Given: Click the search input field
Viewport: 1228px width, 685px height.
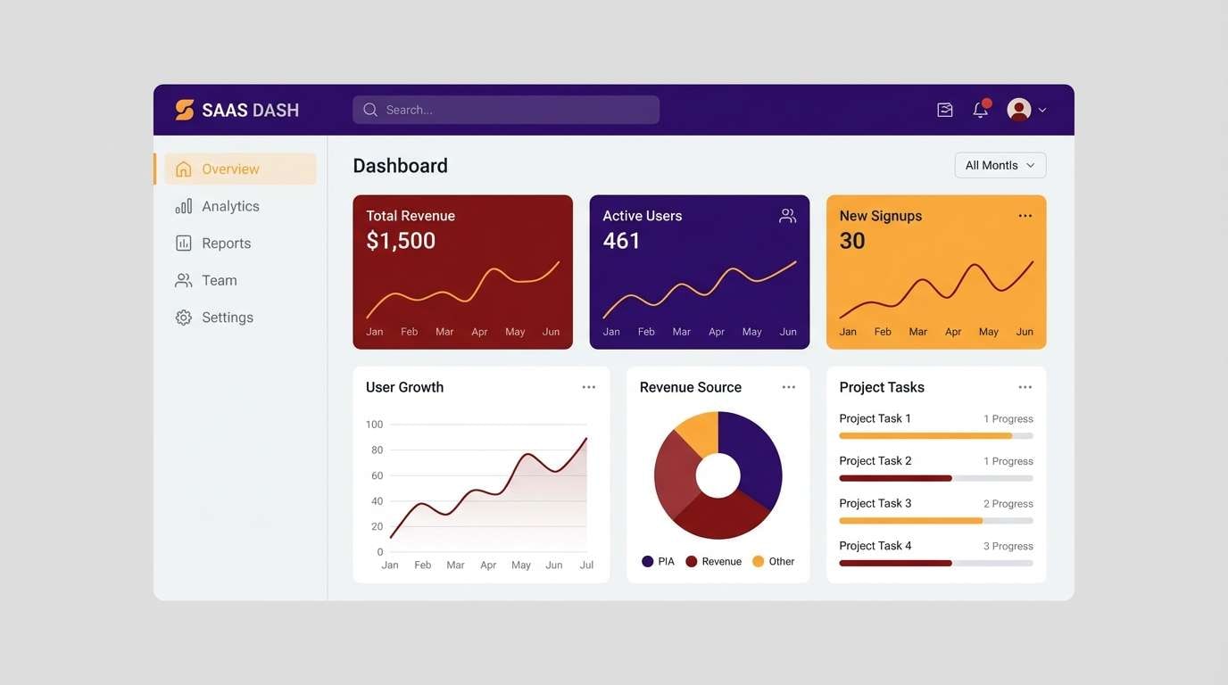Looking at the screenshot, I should tap(505, 110).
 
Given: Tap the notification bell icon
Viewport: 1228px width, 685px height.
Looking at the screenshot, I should tap(980, 110).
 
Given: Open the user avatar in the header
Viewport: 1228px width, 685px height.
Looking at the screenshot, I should tap(1018, 110).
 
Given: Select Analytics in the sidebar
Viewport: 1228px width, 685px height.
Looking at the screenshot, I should tap(229, 206).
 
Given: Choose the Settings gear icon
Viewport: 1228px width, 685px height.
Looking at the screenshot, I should tap(184, 318).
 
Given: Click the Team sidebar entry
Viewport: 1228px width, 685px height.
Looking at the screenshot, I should tap(219, 280).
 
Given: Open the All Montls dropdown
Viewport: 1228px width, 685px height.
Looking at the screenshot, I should tap(1000, 165).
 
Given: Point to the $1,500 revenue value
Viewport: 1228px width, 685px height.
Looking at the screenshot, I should tap(401, 241).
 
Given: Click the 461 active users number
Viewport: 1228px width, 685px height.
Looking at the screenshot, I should tap(621, 241).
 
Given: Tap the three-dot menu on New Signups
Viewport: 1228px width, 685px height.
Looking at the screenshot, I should tap(1025, 216).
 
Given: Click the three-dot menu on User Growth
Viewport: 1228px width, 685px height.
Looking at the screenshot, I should tap(588, 387).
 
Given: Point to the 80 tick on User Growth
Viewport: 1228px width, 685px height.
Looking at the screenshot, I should tap(376, 450).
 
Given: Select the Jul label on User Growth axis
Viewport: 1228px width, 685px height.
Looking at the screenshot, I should tap(586, 565).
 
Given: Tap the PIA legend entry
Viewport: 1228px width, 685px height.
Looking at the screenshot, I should tap(659, 561).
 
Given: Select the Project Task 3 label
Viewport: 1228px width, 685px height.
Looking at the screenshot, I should tap(875, 503).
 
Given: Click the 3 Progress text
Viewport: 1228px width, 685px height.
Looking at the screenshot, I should tap(1008, 546).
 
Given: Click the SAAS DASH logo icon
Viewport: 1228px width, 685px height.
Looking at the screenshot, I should tap(185, 110).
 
